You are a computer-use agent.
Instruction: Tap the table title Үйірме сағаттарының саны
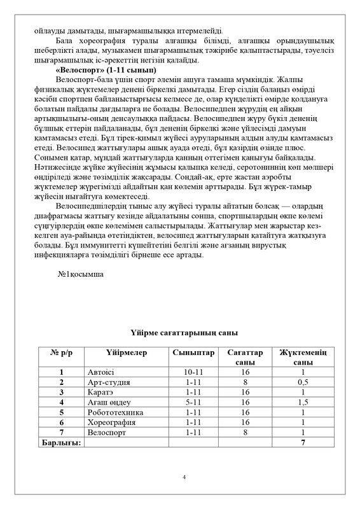[179, 332]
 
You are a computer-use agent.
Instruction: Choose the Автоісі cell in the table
[101, 372]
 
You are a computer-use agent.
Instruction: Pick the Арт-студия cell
[108, 382]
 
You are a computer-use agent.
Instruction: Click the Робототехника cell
[116, 413]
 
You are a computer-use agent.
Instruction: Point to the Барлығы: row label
[61, 443]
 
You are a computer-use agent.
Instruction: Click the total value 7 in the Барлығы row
[303, 443]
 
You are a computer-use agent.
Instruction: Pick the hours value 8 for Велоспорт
[244, 433]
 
